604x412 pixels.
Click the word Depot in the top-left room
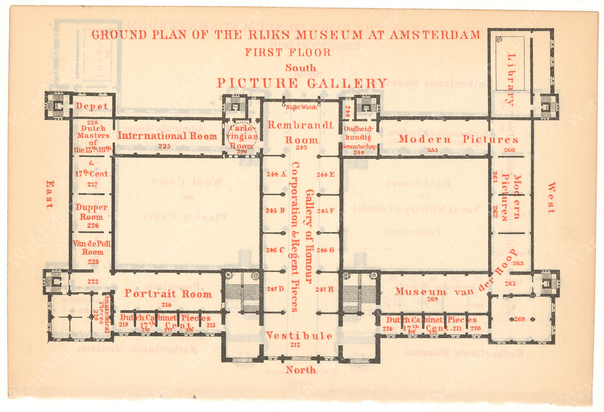(92, 106)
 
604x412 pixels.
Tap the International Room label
(168, 135)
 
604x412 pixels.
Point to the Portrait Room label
(168, 293)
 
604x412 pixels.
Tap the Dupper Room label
(92, 212)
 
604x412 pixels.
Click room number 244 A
(276, 174)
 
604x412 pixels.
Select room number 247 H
(324, 289)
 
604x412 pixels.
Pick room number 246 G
(325, 250)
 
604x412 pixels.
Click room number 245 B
(276, 211)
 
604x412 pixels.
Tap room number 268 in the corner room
(520, 319)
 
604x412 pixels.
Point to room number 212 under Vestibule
(295, 345)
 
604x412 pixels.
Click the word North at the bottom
(301, 370)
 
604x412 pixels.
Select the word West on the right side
(551, 197)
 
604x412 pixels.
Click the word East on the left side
(49, 194)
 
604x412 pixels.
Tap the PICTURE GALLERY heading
(301, 83)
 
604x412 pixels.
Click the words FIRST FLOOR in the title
(288, 52)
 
